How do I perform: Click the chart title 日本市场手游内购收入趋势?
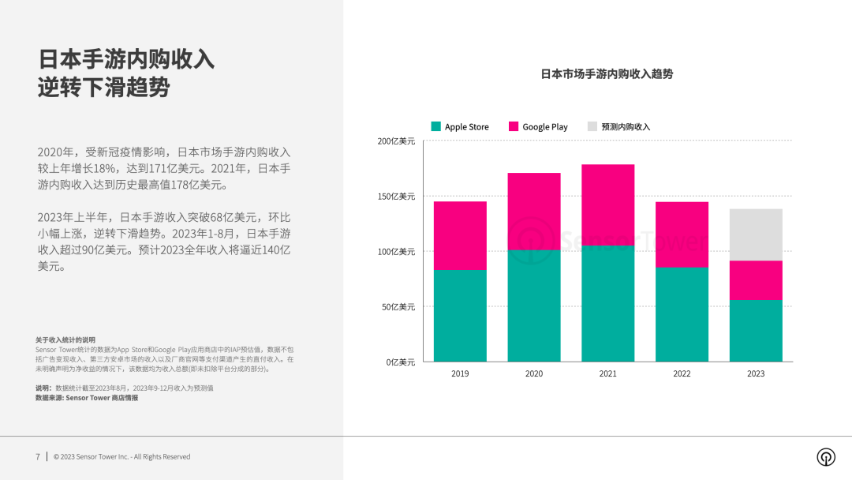(x=607, y=74)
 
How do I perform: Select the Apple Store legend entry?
(x=460, y=127)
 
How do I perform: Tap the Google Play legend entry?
(x=538, y=127)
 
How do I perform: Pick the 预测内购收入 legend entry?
(x=618, y=127)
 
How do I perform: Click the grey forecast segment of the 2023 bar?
(x=756, y=234)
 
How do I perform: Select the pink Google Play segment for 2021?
(x=607, y=205)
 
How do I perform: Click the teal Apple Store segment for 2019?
(x=460, y=316)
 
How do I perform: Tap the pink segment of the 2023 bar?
(x=756, y=280)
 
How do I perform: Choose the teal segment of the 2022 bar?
(x=682, y=314)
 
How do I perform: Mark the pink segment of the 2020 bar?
(x=534, y=212)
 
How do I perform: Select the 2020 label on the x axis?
(x=534, y=373)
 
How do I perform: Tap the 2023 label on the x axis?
(x=756, y=373)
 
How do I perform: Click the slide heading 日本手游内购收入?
(x=126, y=59)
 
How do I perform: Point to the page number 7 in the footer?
(x=37, y=456)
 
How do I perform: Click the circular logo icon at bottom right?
(x=825, y=457)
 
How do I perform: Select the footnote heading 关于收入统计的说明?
(x=65, y=340)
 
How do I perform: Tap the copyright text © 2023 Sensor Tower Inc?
(x=121, y=456)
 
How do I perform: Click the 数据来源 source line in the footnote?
(x=87, y=398)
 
